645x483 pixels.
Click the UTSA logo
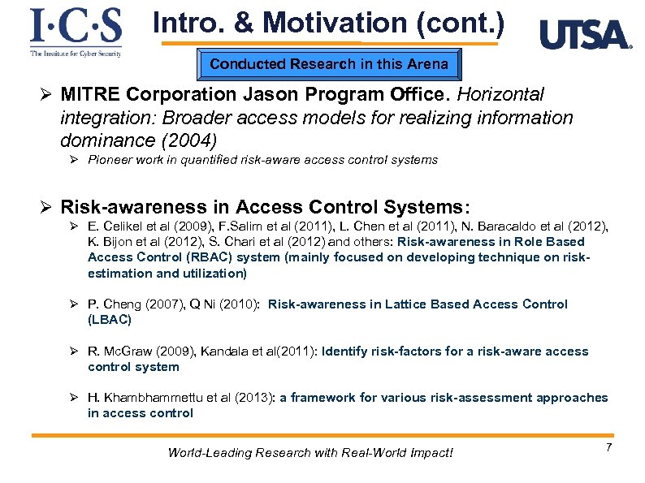pyautogui.click(x=585, y=35)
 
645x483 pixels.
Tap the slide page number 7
pyautogui.click(x=608, y=448)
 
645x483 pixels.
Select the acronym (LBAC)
pyautogui.click(x=110, y=320)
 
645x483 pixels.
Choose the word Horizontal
pyautogui.click(x=500, y=96)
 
